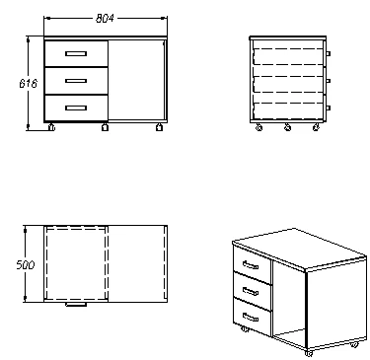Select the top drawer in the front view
pos(76,53)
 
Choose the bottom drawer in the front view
pos(76,105)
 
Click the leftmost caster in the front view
pos(52,126)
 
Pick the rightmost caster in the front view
pos(158,126)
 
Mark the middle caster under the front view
pos(105,126)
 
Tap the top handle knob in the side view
pos(329,52)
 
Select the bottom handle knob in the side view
pos(329,106)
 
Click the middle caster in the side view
pos(287,127)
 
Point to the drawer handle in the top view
pos(75,305)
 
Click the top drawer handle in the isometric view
pos(250,265)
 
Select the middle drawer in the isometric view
pos(253,291)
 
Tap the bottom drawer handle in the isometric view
pos(252,318)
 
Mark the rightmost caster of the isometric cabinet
pos(355,345)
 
